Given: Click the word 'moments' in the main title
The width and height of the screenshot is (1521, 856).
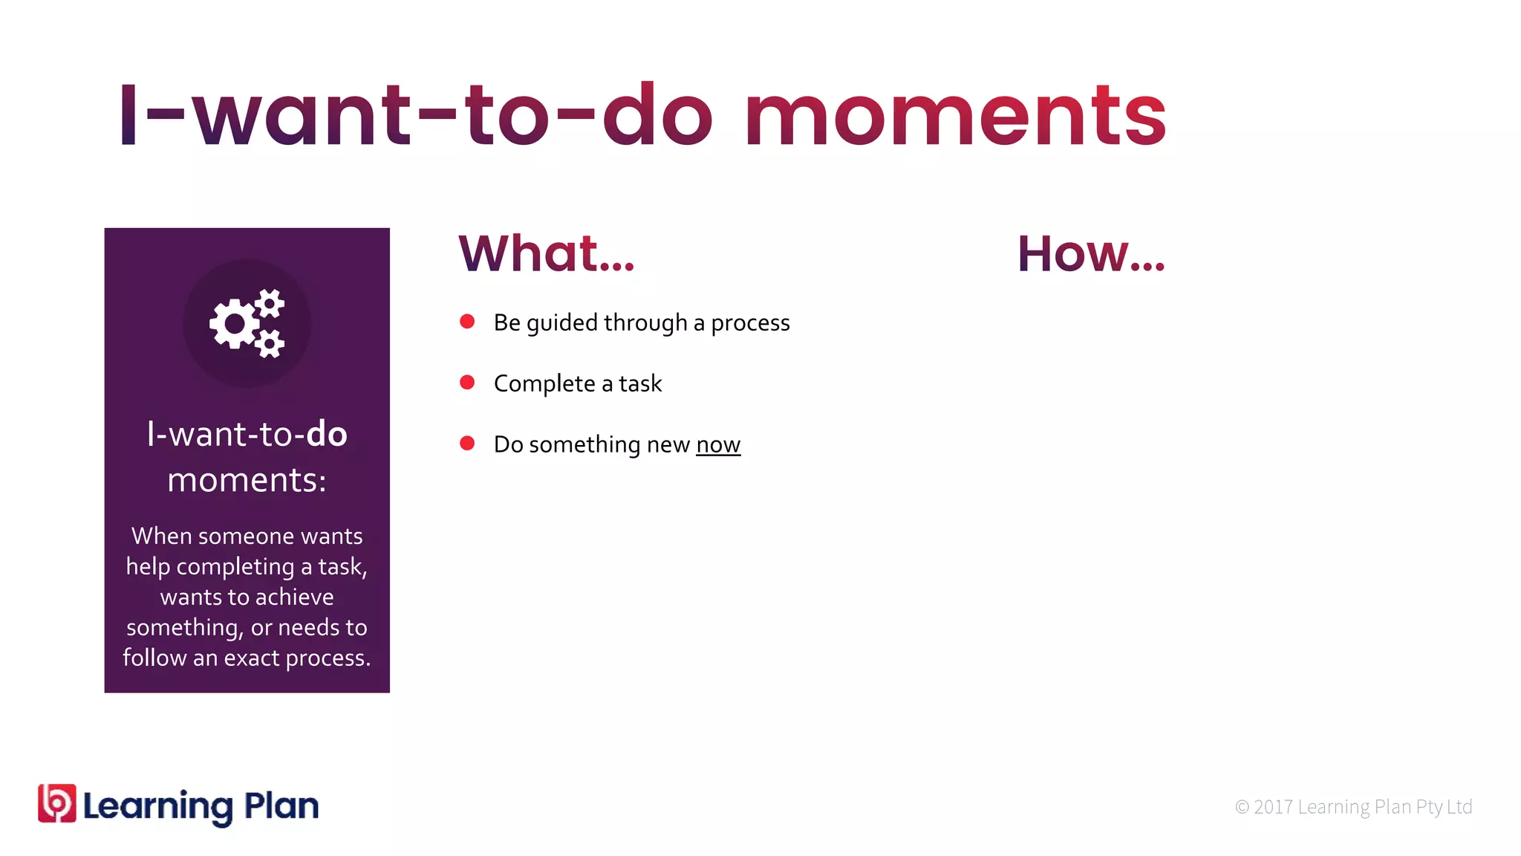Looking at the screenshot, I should coord(956,117).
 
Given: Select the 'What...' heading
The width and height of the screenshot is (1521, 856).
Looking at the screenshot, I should coord(547,253).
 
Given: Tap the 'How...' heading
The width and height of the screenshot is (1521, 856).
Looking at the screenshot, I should coord(1091,253).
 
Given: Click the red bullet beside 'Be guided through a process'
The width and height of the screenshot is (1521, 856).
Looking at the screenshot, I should coord(467,321).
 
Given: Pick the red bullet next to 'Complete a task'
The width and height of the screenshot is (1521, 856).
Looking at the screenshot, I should coord(467,382).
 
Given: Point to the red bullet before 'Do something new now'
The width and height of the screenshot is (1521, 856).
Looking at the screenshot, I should coord(467,443).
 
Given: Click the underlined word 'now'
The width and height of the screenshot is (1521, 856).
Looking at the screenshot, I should coord(718,444).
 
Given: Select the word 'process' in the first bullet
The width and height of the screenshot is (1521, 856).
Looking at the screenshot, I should coord(750,323).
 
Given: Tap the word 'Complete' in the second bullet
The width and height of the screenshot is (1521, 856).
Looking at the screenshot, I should coord(544,384).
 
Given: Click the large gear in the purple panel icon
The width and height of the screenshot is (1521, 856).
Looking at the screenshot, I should coord(235,324).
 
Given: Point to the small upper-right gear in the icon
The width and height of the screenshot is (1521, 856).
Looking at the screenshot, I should coord(270,303).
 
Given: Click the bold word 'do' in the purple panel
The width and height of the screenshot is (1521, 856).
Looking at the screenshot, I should coord(327,434).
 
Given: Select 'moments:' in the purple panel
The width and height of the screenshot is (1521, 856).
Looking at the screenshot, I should coord(247,480).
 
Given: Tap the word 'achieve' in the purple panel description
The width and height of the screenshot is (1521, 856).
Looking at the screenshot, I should coord(294,597).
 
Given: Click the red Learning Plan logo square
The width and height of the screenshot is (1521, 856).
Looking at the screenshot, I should coord(57,803).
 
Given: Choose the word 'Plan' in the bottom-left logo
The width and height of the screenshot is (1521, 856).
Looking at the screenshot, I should coord(281,805).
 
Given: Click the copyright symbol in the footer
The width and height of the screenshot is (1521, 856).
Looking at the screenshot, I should coord(1242,807).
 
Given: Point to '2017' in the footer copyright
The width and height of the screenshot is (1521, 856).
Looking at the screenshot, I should coord(1274,807).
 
